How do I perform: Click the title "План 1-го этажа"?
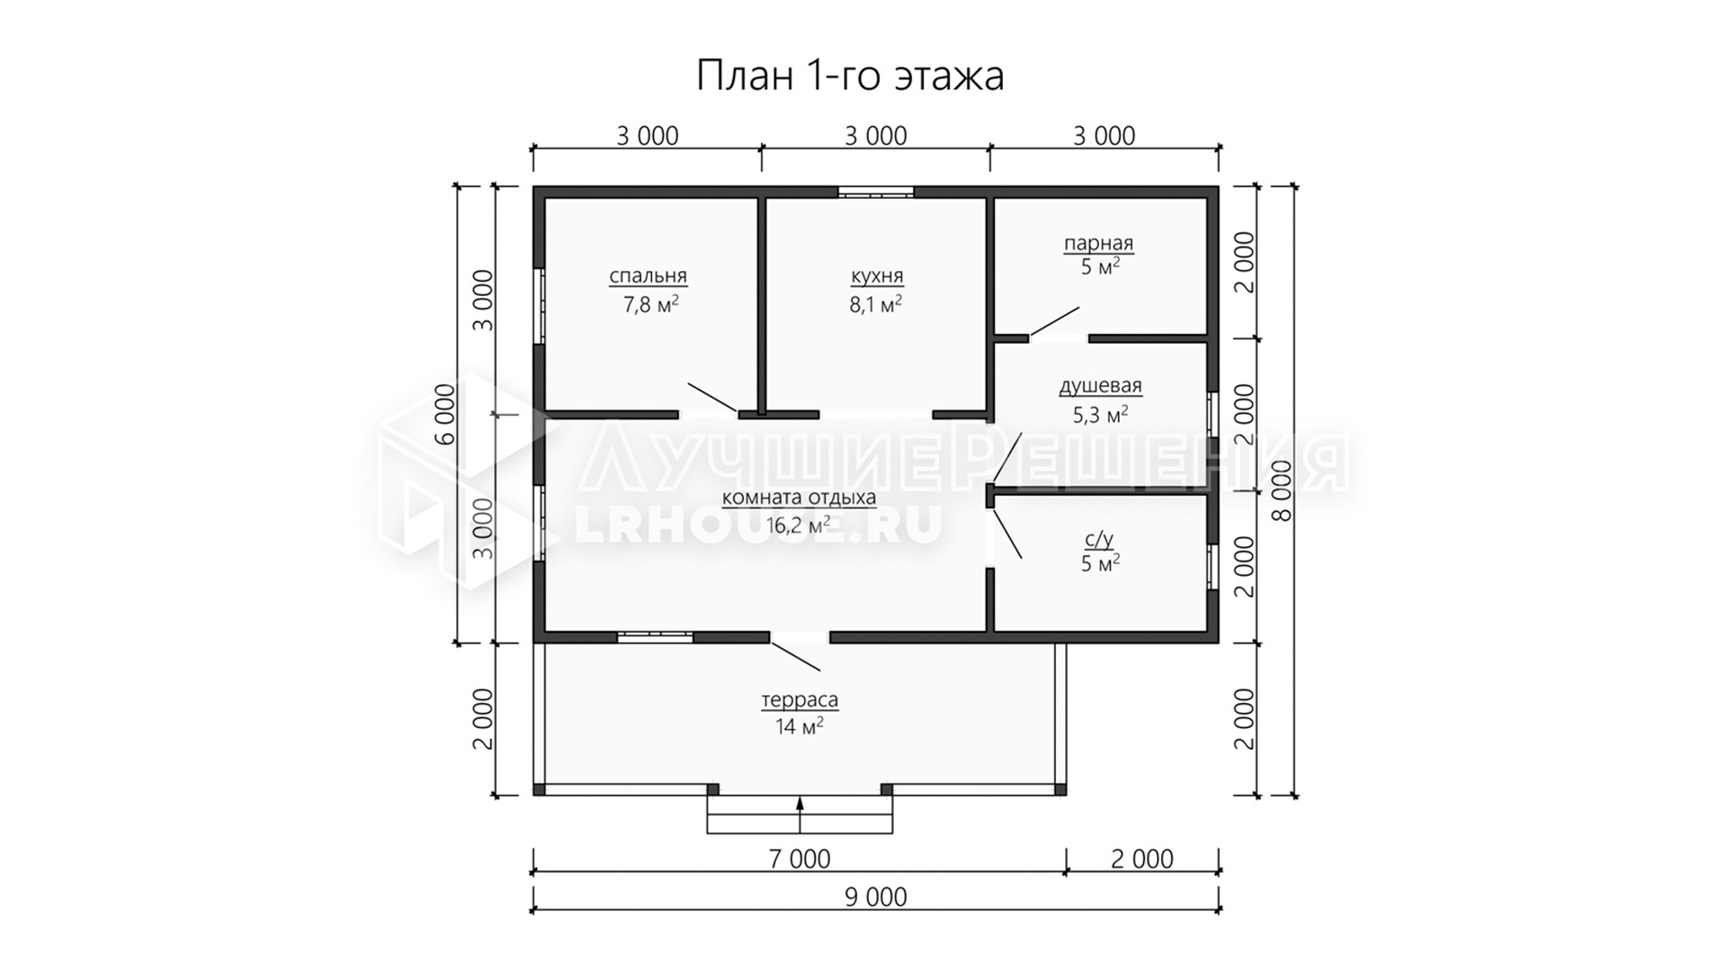(850, 76)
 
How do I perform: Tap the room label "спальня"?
(648, 276)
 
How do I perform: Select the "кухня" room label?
(877, 276)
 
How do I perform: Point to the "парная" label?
(1098, 243)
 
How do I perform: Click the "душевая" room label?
(1100, 386)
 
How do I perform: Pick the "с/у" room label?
(1099, 539)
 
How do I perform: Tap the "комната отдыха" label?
(799, 498)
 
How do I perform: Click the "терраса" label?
(800, 700)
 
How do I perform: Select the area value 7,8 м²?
(650, 304)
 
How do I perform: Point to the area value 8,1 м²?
(876, 304)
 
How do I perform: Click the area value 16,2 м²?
(798, 525)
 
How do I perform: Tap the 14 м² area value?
(800, 726)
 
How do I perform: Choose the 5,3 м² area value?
(1101, 415)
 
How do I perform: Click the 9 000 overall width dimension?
(876, 897)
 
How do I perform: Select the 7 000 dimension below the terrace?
(800, 859)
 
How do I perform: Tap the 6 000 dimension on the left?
(444, 415)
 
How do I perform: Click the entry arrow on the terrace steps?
(800, 814)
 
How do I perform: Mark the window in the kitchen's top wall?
(876, 191)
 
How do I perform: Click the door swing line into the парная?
(1054, 321)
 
